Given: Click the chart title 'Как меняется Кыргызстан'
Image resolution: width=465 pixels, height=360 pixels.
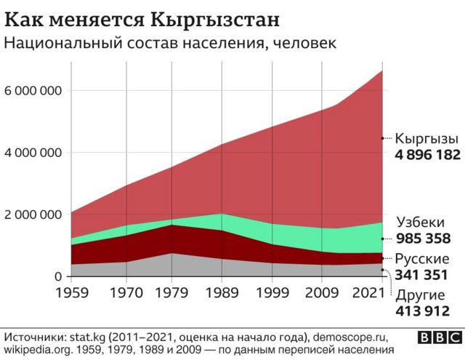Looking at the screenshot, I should click(x=143, y=17).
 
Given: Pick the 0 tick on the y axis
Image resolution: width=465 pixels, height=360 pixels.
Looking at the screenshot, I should click(x=57, y=276).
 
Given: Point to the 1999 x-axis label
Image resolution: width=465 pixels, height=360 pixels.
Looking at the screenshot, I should click(x=272, y=295).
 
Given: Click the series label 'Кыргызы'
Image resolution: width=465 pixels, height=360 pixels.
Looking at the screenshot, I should click(x=426, y=138).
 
